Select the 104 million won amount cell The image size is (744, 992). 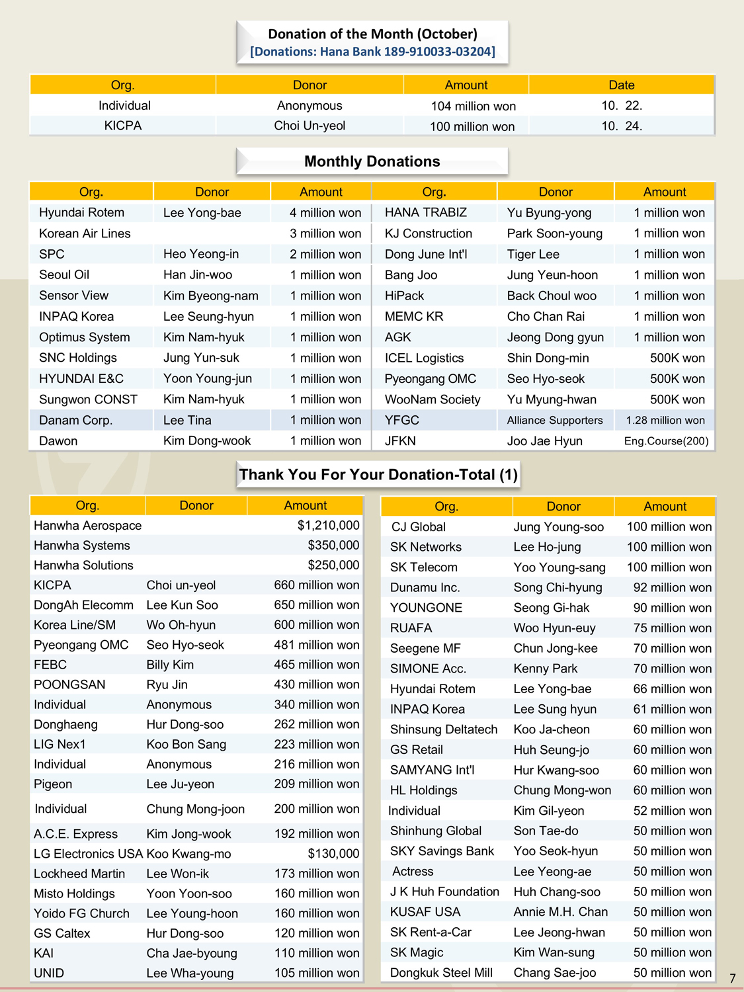tap(473, 106)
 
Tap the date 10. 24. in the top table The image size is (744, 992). tap(621, 126)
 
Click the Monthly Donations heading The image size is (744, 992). tap(372, 161)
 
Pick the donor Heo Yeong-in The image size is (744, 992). tap(201, 254)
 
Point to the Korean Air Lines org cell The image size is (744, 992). tap(85, 233)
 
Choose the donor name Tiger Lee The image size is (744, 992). tap(533, 254)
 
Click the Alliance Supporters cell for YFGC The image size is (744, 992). tap(555, 420)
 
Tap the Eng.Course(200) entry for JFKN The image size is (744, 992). tap(666, 441)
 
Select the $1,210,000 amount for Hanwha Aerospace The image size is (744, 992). tap(328, 526)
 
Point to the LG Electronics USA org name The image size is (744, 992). tap(88, 854)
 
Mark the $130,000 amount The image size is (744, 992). tap(333, 854)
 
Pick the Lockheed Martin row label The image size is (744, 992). tap(79, 874)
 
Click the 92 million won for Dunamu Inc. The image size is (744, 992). tap(672, 587)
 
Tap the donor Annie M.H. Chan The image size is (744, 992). tap(560, 912)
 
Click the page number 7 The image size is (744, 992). tap(732, 978)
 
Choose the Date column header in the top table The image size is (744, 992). tap(621, 85)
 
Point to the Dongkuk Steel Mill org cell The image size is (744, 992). tap(441, 973)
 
